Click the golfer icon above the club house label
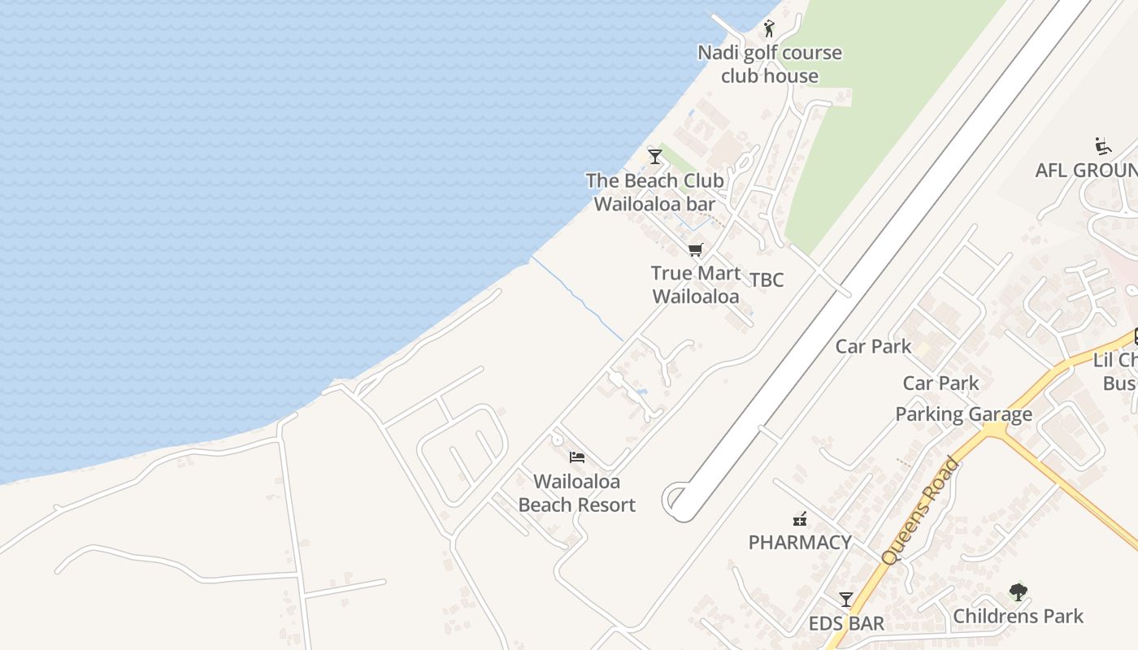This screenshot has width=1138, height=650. point(769,28)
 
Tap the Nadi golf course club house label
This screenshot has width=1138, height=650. point(769,64)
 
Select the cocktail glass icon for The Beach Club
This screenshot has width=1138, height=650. point(654,156)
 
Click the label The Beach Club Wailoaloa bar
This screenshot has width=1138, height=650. point(654,192)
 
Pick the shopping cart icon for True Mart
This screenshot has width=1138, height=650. point(695,250)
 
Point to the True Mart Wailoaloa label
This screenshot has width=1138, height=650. point(696,284)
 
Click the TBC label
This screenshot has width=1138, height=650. point(767,280)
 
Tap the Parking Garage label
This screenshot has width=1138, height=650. point(963,414)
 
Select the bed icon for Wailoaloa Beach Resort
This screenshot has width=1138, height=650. point(576,457)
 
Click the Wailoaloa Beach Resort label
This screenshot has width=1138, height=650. point(576,493)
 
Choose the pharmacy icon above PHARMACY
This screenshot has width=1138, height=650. point(800,518)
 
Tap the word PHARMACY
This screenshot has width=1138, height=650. point(800,543)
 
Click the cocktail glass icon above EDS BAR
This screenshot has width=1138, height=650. point(846,600)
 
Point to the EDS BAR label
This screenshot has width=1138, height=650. point(846,624)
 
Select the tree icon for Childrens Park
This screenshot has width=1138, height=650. point(1018,591)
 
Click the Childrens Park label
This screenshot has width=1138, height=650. point(1018,617)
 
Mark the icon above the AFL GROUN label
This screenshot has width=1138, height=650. point(1103,146)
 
